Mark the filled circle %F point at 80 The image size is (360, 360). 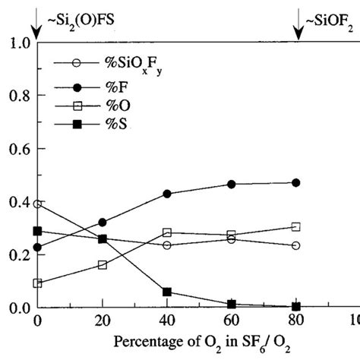(296, 183)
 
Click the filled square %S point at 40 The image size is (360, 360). (167, 292)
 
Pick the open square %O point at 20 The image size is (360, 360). (103, 265)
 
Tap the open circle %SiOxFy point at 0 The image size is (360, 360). (37, 204)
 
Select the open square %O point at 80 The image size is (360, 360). (296, 226)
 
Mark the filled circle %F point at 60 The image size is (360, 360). (232, 185)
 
